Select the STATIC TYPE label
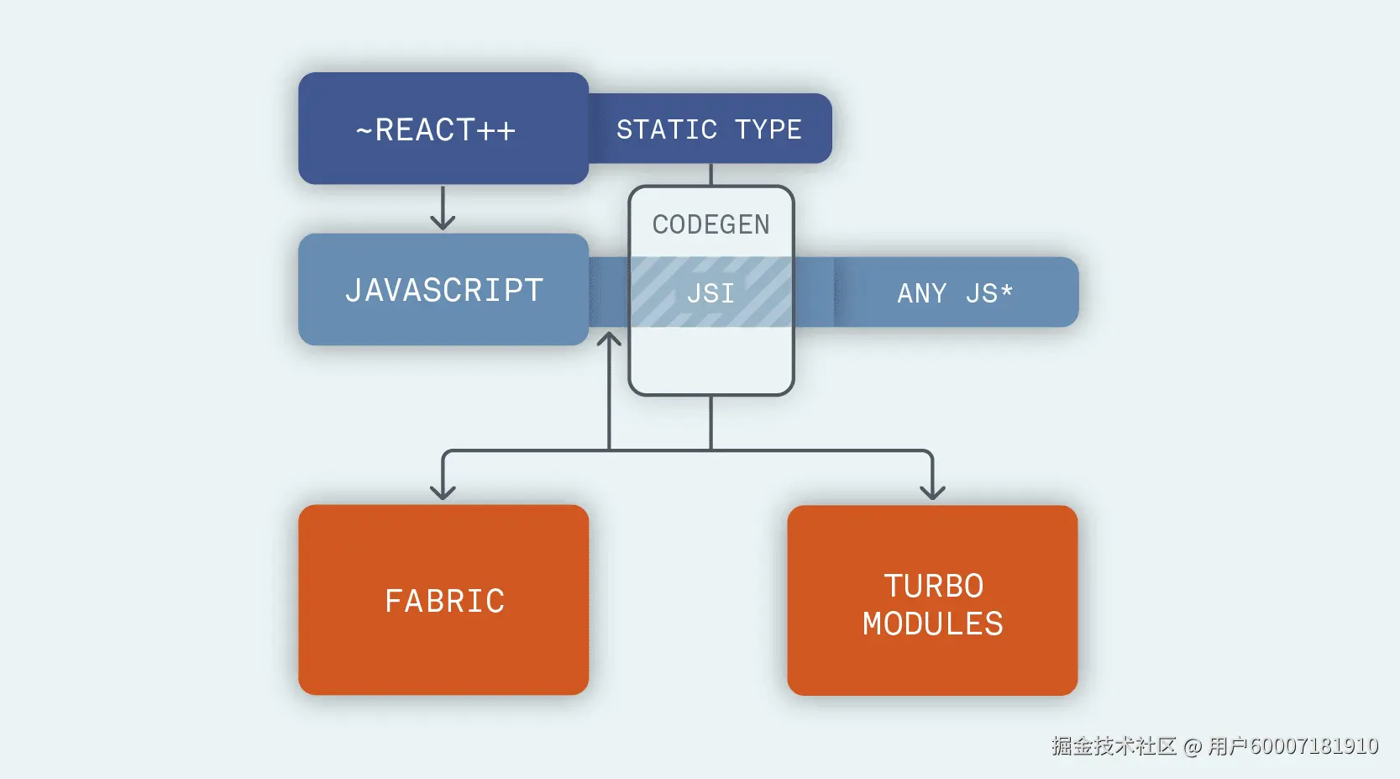pos(709,129)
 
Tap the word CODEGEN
pos(710,224)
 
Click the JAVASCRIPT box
pos(443,289)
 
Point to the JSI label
pos(710,293)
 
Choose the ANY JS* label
pos(955,293)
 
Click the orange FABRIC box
pos(443,600)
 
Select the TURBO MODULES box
pos(932,600)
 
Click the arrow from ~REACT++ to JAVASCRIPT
pos(443,208)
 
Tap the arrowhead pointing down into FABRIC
pos(443,491)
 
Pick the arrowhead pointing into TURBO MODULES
pos(932,491)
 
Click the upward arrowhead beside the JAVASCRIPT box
pos(609,340)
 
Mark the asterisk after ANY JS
pos(1006,290)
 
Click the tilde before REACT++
pos(364,131)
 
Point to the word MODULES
pos(932,624)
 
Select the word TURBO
pos(933,586)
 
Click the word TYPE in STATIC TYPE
pos(768,129)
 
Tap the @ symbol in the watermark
pos(1193,746)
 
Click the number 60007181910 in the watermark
pos(1314,746)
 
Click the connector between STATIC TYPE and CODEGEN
pos(710,174)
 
